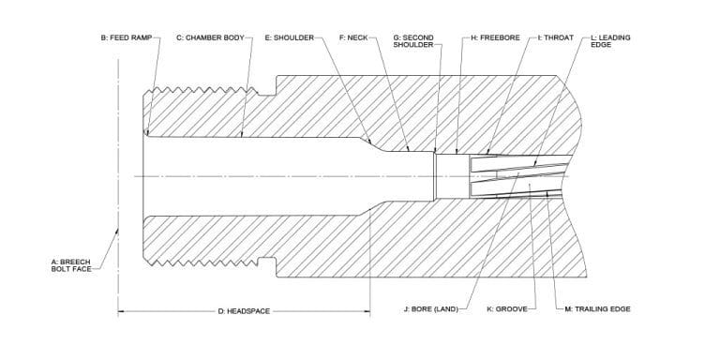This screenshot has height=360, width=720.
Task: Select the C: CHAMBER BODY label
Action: coord(210,38)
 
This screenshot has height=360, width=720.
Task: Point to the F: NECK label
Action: coord(352,38)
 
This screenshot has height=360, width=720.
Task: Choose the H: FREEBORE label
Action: coord(493,38)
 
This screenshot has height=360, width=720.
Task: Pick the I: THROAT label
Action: coord(557,38)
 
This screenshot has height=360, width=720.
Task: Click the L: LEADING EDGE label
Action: coord(610,42)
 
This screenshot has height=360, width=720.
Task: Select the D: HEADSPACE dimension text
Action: coord(244,310)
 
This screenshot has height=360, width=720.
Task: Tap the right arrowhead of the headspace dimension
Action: coord(367,310)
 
